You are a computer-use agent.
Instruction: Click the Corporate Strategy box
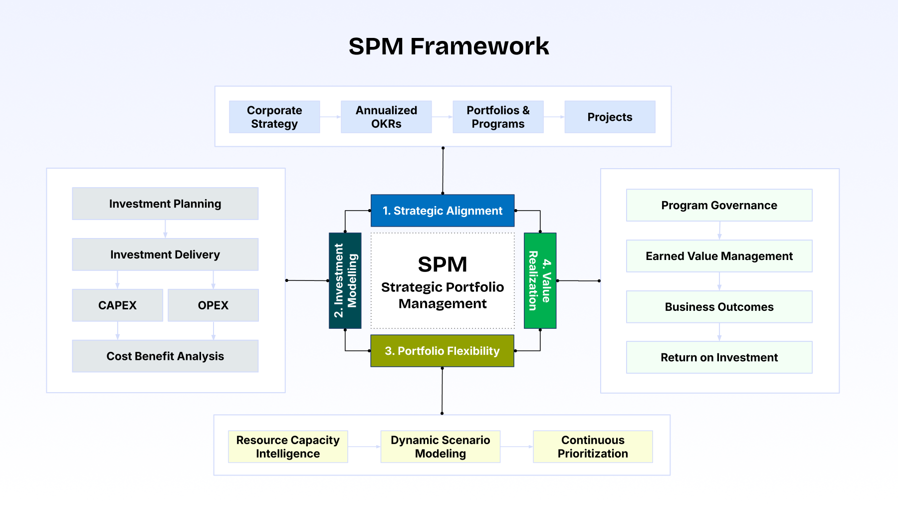[274, 117]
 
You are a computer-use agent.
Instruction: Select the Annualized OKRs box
[386, 117]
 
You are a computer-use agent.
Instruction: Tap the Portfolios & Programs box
[498, 117]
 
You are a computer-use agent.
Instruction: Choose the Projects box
[610, 117]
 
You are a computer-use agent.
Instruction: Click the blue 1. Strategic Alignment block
[443, 211]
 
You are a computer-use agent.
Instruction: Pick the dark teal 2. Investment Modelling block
[345, 280]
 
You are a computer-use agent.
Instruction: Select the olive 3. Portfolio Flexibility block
[442, 351]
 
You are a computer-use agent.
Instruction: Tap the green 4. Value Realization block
[540, 280]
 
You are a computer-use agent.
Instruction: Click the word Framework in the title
[479, 46]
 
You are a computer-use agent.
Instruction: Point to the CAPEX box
[117, 305]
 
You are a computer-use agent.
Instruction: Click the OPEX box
[213, 305]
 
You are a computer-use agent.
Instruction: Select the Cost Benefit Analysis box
[165, 356]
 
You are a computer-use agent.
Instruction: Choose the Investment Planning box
[165, 204]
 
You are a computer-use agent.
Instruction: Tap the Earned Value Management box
[719, 256]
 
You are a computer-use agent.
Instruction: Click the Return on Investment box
[719, 357]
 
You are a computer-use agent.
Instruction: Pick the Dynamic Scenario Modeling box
[440, 447]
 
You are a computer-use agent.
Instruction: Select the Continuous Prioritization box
[593, 447]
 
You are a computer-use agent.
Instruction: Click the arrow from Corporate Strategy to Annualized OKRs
[330, 117]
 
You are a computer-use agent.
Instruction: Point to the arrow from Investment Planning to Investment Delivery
[165, 229]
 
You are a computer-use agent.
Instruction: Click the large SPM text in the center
[443, 264]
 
